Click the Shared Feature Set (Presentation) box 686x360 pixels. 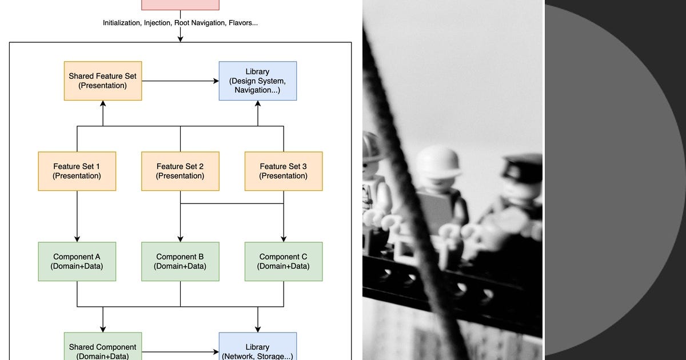(103, 81)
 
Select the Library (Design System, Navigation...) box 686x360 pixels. (258, 81)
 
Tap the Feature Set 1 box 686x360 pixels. (77, 171)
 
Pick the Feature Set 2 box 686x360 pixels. (180, 171)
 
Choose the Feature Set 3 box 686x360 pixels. (284, 171)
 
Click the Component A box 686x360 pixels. (77, 262)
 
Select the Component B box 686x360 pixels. (180, 262)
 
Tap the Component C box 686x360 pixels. (284, 262)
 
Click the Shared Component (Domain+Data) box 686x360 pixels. (103, 346)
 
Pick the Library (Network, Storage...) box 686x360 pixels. (258, 346)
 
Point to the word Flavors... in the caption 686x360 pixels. (243, 23)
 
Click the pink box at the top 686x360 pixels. (180, 5)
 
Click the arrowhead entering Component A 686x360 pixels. (77, 239)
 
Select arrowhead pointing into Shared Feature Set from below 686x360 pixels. (103, 104)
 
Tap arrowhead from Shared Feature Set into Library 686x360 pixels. (216, 81)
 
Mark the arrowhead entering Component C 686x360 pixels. (284, 239)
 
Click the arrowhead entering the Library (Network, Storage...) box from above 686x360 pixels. (258, 329)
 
